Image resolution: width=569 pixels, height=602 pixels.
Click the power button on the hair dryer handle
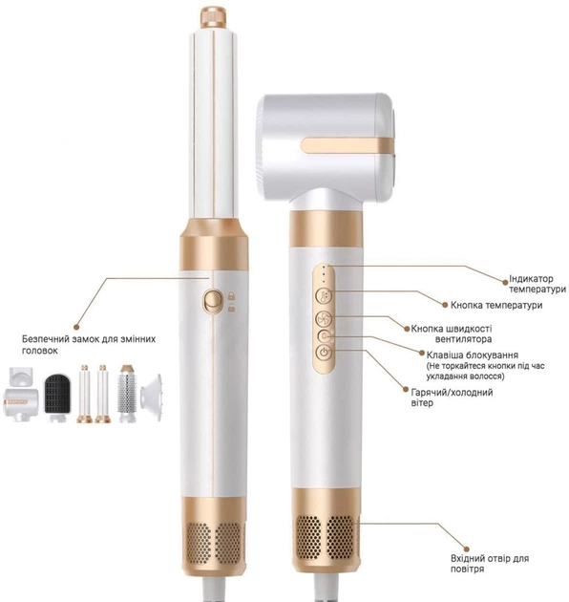tap(325, 352)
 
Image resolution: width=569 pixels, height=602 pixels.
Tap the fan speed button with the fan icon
tap(325, 318)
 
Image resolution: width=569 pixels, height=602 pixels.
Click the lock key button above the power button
tap(325, 336)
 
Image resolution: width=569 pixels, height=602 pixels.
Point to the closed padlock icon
tap(231, 295)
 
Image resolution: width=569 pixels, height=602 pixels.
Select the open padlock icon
tap(231, 308)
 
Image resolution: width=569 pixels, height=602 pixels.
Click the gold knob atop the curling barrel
tap(213, 17)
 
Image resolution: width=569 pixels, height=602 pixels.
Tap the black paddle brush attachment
tap(57, 397)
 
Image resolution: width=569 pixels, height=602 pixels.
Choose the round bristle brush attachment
tap(127, 394)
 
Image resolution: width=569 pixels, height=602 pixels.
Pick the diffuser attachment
tap(151, 398)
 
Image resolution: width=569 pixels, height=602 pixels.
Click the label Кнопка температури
tap(496, 305)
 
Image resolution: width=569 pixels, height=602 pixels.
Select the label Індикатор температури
tap(537, 284)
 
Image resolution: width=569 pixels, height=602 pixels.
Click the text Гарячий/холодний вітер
tap(452, 398)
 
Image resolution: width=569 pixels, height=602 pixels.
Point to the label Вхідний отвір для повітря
tap(490, 563)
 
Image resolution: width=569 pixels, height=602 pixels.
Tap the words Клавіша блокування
tap(473, 355)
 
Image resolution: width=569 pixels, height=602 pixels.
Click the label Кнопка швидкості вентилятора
tap(452, 333)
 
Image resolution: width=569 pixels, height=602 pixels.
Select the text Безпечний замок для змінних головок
tap(89, 344)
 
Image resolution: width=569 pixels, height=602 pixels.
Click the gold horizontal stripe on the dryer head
tap(347, 145)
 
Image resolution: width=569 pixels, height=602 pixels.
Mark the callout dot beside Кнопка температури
tap(445, 305)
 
